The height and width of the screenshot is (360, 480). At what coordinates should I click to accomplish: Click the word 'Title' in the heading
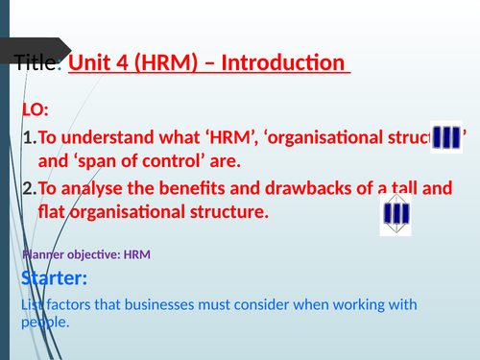pyautogui.click(x=36, y=65)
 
